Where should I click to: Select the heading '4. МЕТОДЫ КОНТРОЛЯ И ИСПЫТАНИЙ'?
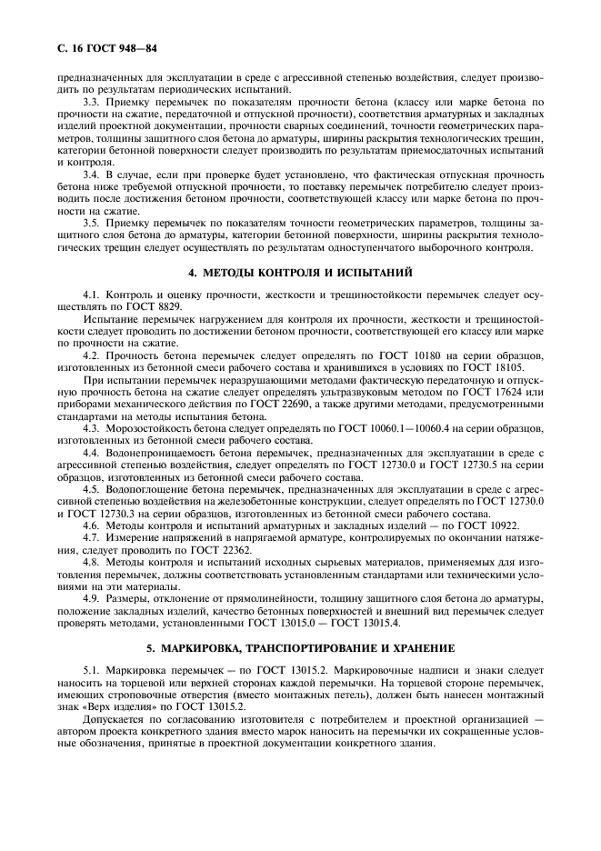pyautogui.click(x=300, y=271)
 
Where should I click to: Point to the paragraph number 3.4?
pyautogui.click(x=93, y=173)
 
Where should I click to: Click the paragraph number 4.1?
pyautogui.click(x=93, y=295)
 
